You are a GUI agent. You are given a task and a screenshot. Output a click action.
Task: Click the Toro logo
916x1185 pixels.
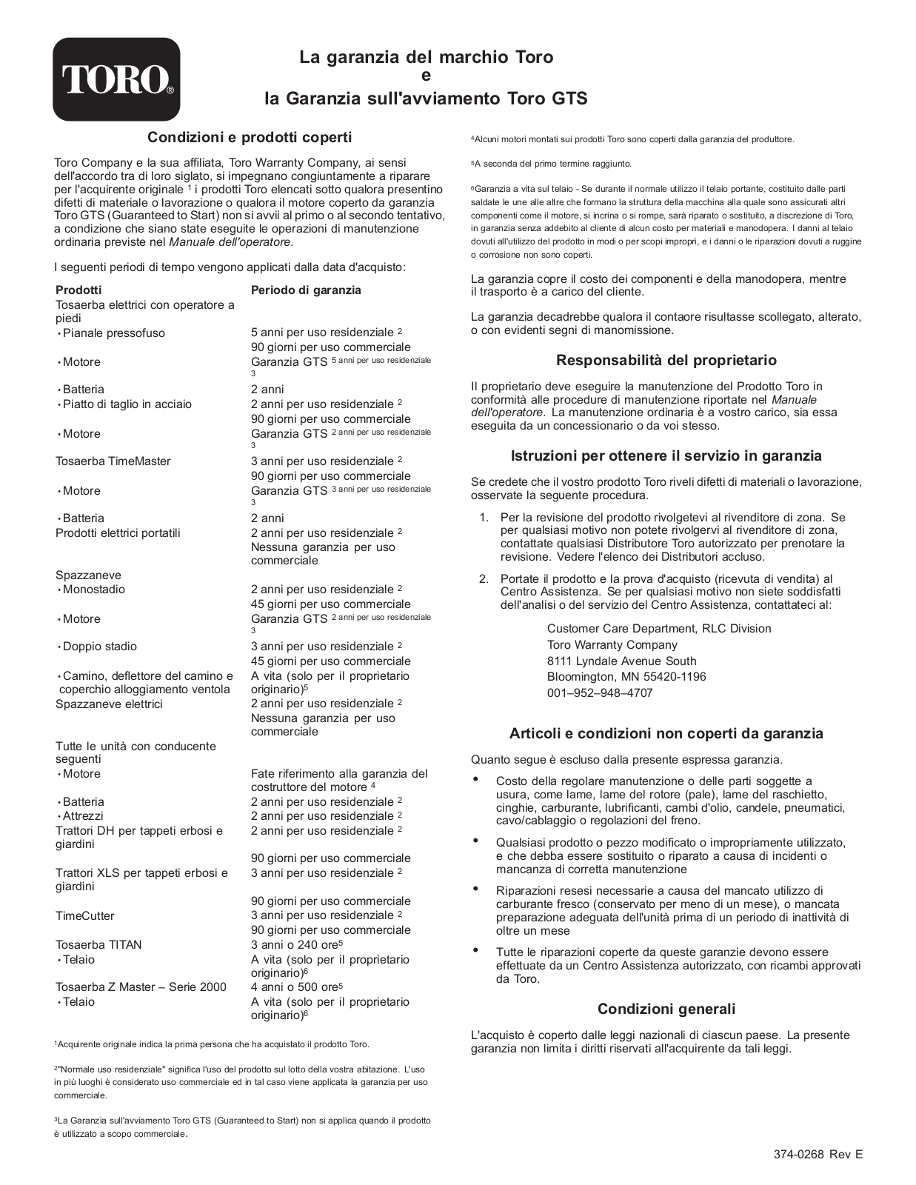point(116,79)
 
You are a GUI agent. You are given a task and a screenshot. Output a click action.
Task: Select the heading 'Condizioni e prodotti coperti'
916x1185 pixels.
point(250,137)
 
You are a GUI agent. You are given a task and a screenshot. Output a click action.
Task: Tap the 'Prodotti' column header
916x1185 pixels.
point(78,290)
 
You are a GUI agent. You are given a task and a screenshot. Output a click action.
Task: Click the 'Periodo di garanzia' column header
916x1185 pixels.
point(306,290)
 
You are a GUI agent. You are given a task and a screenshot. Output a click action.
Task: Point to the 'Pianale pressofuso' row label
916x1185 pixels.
point(113,333)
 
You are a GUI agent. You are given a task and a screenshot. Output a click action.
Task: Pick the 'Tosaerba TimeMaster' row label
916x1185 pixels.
point(113,461)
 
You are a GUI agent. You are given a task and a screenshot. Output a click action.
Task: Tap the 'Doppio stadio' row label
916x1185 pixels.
point(99,647)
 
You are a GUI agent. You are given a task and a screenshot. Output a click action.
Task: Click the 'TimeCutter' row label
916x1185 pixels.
point(85,916)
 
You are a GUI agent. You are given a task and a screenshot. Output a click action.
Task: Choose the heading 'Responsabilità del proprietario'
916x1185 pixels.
point(666,361)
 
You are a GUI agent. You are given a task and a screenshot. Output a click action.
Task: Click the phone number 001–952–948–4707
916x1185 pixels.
point(600,693)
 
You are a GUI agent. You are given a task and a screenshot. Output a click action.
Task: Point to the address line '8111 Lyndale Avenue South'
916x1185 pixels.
point(621,661)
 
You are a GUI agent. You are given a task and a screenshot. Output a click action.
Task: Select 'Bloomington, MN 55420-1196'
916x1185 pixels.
point(626,677)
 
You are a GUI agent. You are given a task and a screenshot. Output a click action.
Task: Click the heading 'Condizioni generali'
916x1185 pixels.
point(666,1009)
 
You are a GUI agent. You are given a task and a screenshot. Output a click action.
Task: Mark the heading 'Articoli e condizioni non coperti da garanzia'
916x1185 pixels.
point(666,734)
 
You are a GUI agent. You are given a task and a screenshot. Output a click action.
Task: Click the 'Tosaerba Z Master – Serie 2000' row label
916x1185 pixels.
point(141,987)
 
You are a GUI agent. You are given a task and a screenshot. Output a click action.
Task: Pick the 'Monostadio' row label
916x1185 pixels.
point(93,590)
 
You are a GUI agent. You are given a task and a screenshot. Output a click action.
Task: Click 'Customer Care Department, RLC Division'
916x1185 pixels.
point(659,629)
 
